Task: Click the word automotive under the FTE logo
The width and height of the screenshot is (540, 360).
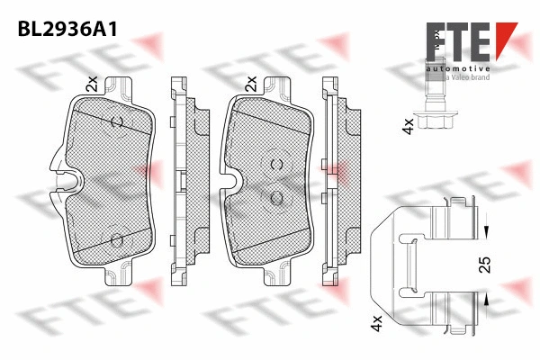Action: point(458,69)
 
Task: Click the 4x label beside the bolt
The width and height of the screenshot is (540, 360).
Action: point(408,126)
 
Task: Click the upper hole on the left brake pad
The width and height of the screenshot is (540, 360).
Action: point(115,121)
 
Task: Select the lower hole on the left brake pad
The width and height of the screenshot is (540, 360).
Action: point(115,239)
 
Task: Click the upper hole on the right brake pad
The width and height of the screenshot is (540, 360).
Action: point(276,164)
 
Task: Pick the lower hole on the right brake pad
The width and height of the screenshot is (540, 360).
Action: point(276,198)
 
